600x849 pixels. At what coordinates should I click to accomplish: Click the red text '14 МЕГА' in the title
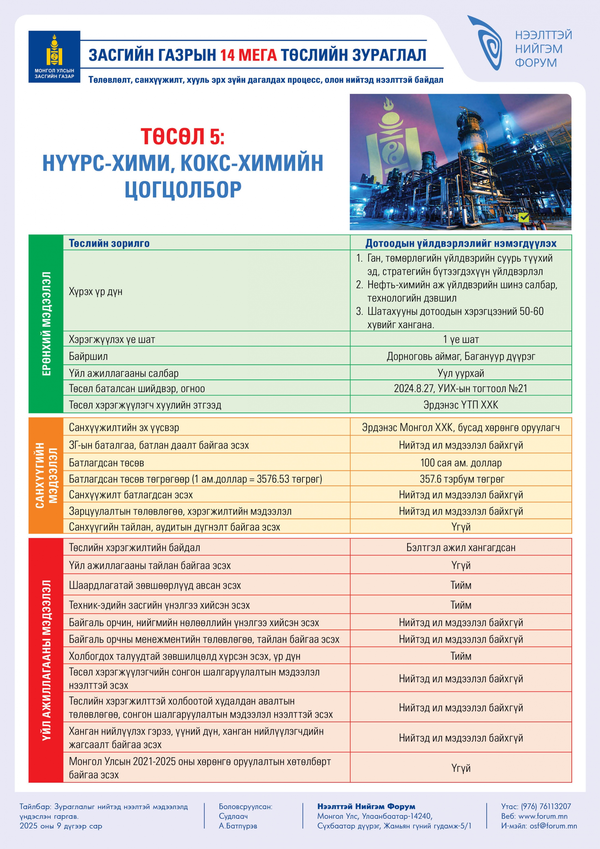click(248, 55)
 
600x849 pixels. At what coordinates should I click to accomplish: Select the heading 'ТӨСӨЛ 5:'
click(183, 136)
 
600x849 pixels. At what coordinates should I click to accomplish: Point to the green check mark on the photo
click(523, 217)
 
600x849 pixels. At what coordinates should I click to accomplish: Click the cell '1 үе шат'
click(461, 339)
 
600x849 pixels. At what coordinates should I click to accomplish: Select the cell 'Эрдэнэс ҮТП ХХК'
click(461, 405)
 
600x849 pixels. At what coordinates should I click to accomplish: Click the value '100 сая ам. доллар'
click(461, 463)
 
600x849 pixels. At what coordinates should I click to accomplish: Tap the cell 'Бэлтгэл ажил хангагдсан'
click(461, 547)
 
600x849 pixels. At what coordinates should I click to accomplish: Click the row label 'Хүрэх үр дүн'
click(95, 291)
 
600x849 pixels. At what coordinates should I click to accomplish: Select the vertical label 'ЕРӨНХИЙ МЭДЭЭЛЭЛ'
click(46, 324)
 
